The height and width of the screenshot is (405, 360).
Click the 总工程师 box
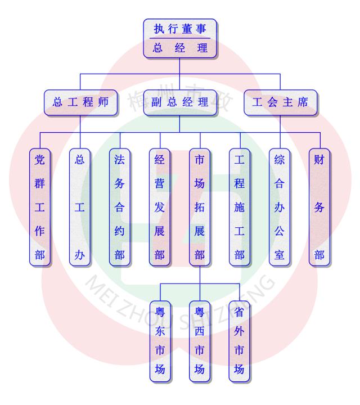(x=80, y=102)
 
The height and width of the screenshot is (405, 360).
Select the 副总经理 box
(x=180, y=102)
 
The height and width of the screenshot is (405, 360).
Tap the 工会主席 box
(x=280, y=102)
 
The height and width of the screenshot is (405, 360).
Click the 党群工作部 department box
(x=40, y=207)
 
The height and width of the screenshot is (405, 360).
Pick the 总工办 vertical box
(x=80, y=207)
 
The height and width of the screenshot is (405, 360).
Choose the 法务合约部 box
(x=120, y=207)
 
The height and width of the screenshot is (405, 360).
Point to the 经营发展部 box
(x=160, y=207)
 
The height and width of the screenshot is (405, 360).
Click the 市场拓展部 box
(x=200, y=207)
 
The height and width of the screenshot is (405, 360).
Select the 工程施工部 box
(x=240, y=207)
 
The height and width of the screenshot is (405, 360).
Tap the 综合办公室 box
(x=280, y=207)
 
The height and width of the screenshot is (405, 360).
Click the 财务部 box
(x=319, y=207)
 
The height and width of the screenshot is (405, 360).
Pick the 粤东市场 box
(x=160, y=341)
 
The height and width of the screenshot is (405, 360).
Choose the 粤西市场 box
(x=200, y=341)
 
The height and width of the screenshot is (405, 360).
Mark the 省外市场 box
(x=240, y=341)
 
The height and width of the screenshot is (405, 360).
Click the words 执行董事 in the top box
(x=180, y=29)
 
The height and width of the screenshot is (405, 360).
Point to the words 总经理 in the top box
(x=180, y=48)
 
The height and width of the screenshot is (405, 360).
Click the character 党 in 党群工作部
(x=40, y=160)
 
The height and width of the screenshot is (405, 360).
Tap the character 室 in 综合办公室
(x=280, y=255)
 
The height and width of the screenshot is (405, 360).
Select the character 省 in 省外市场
(x=239, y=312)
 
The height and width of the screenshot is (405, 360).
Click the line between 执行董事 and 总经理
(x=180, y=38)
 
